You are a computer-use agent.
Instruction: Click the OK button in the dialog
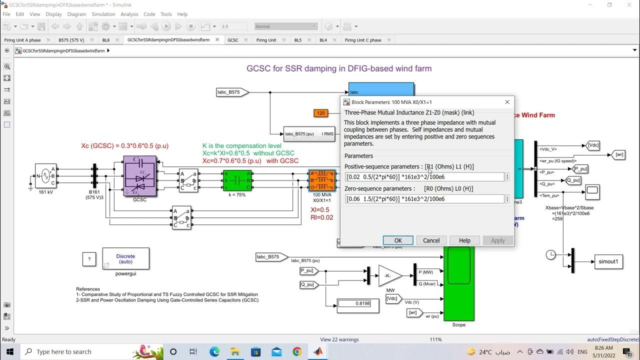click(397, 240)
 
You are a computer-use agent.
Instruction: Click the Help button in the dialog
click(464, 240)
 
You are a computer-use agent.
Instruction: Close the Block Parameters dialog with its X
click(507, 102)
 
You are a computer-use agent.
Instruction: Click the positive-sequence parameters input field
click(424, 177)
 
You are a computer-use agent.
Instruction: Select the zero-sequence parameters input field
click(424, 199)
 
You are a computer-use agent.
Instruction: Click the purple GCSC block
click(139, 175)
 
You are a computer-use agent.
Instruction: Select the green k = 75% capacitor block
click(237, 180)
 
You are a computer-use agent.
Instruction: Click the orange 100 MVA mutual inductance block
click(322, 180)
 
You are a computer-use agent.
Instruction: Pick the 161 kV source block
click(45, 175)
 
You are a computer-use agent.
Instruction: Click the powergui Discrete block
click(125, 258)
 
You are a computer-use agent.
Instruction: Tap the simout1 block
click(608, 261)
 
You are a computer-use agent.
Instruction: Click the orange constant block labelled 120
click(320, 113)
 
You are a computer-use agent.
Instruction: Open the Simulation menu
click(103, 14)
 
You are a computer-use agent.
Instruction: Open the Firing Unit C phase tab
click(363, 40)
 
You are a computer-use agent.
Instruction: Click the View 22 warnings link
click(339, 339)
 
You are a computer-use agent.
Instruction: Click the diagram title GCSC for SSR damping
click(339, 68)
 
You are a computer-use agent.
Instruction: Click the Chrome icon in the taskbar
click(297, 351)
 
